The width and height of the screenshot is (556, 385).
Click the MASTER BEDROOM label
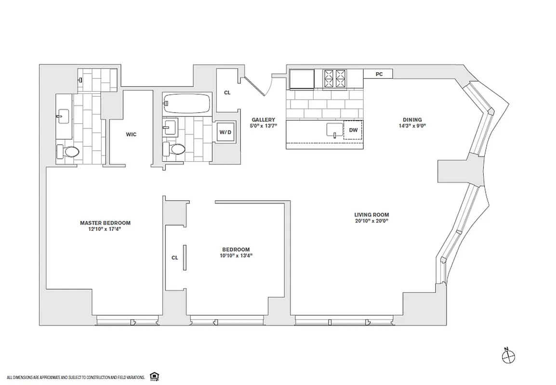click(x=105, y=223)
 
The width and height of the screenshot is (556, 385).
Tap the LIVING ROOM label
click(x=371, y=215)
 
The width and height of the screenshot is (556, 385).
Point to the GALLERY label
click(x=263, y=120)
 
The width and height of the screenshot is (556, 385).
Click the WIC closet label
click(x=131, y=134)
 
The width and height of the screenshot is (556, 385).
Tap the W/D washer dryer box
click(x=225, y=131)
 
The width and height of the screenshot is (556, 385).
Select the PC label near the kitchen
click(x=379, y=74)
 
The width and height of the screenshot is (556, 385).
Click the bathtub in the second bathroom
click(x=186, y=103)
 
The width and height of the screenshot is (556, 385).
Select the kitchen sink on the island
click(x=334, y=130)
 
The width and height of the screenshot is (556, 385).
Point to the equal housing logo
click(x=155, y=376)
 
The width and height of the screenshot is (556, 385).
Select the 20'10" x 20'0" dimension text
click(x=371, y=221)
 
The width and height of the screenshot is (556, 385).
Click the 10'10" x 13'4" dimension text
click(x=236, y=256)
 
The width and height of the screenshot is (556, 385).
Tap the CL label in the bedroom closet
click(x=175, y=257)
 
